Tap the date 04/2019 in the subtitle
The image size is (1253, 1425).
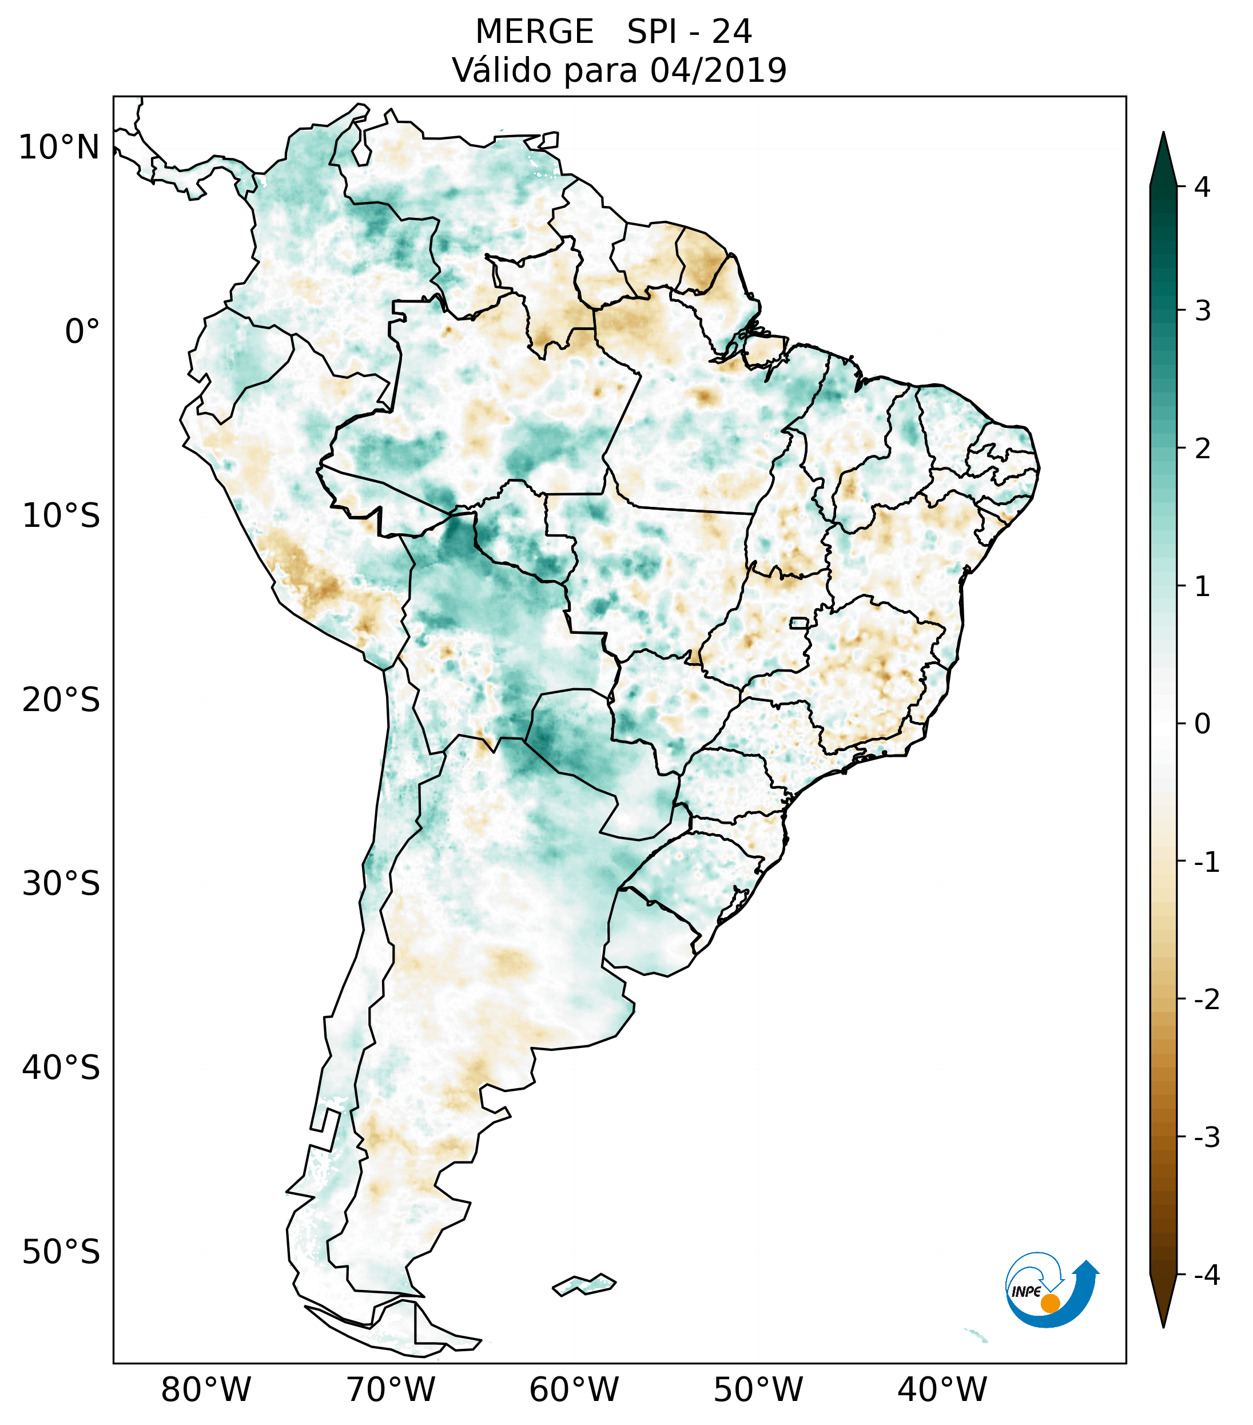[x=718, y=70]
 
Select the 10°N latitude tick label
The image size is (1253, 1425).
[x=59, y=148]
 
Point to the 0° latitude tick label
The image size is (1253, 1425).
[x=82, y=332]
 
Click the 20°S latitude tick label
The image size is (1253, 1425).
[x=61, y=700]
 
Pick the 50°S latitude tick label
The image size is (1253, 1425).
[x=61, y=1252]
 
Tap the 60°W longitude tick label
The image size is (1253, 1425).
[x=574, y=1390]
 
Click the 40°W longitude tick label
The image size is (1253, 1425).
[x=942, y=1390]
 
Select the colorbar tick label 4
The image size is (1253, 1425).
[x=1202, y=187]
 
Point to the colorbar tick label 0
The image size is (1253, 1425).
[x=1202, y=724]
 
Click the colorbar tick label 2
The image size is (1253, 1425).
[x=1202, y=449]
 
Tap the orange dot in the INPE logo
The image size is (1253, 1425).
[x=1049, y=1303]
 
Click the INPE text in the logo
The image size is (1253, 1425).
[x=1027, y=1292]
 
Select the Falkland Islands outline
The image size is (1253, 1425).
[x=584, y=1284]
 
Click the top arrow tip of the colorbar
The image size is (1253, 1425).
[x=1163, y=134]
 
